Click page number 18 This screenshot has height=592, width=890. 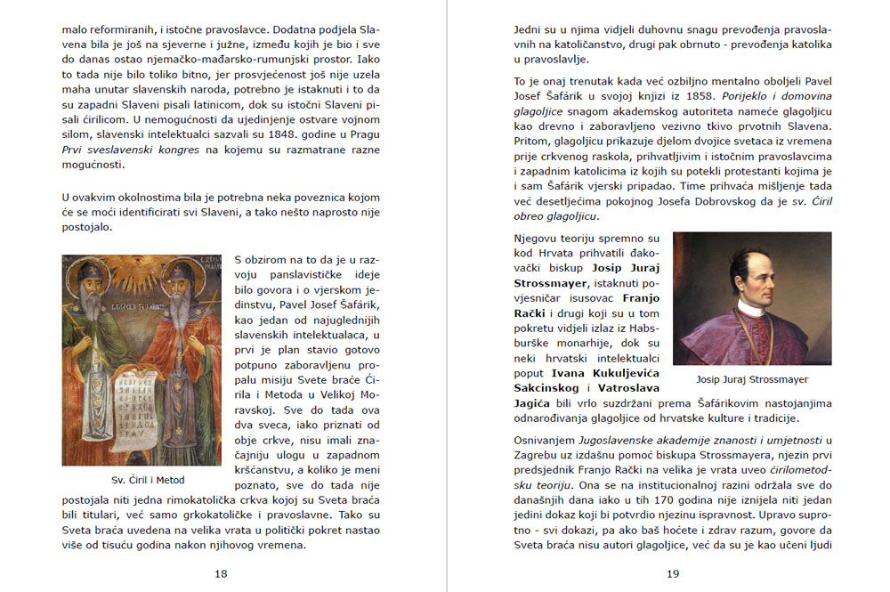click(221, 573)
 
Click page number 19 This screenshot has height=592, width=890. click(673, 573)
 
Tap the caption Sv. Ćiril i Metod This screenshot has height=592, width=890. click(142, 480)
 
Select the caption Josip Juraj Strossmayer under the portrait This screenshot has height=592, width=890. click(753, 379)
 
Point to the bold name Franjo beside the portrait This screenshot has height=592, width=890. click(641, 300)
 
